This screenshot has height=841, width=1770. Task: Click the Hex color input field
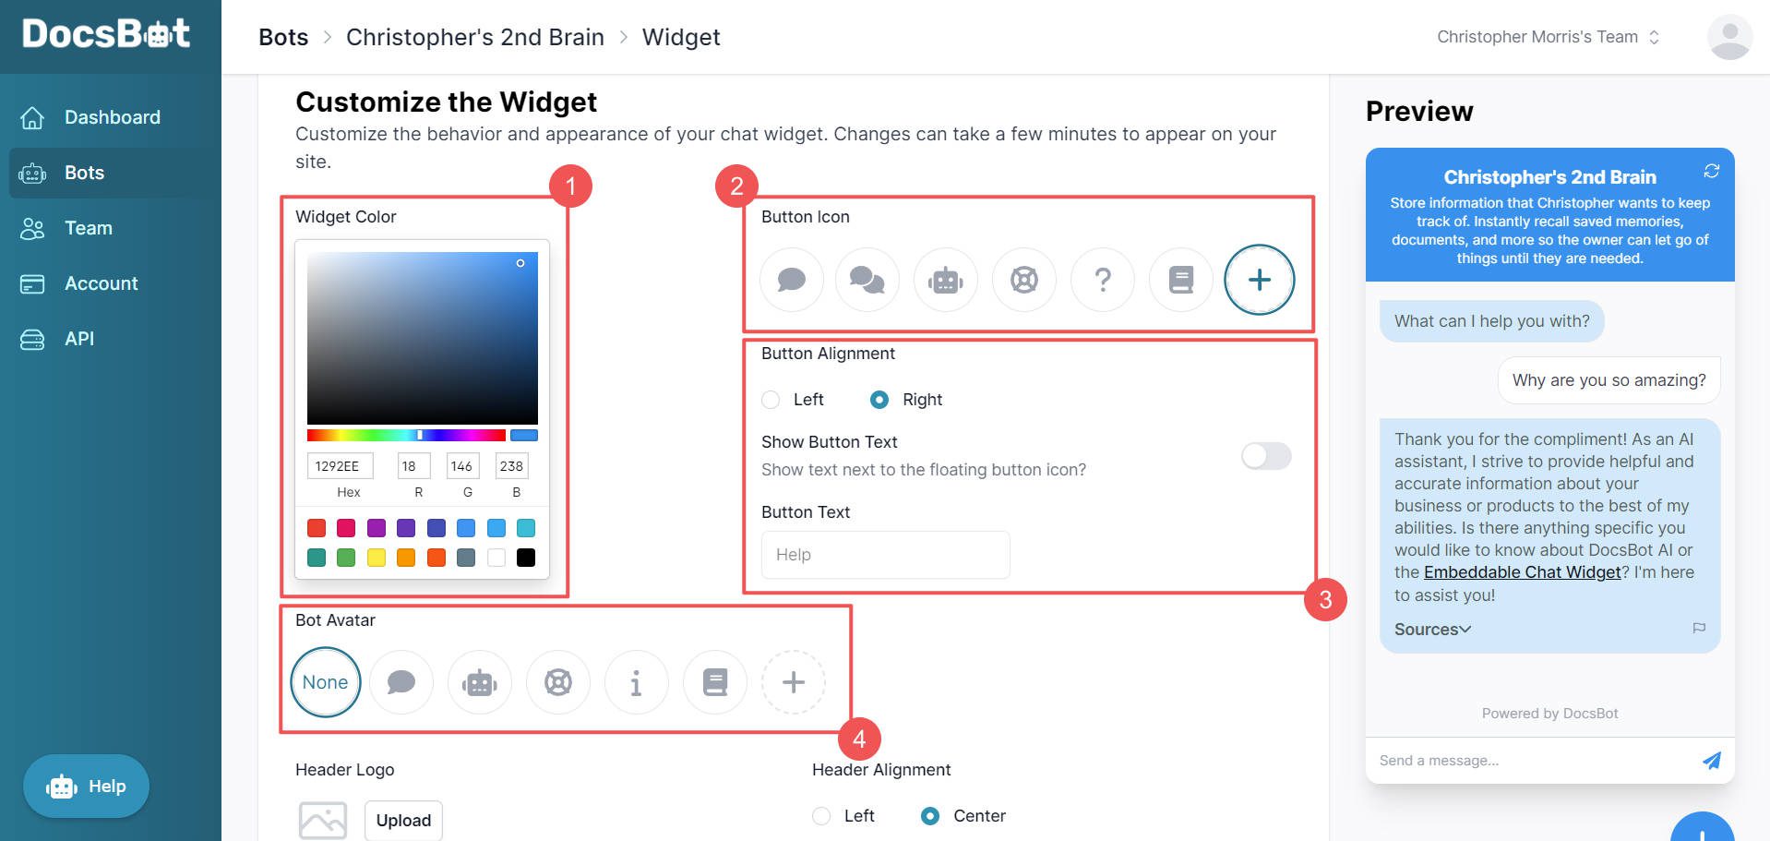(340, 466)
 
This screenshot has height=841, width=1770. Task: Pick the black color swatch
(526, 558)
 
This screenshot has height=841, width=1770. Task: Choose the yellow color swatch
(377, 558)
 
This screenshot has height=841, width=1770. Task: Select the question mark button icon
(1102, 280)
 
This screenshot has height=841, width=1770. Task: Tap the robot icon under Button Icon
(945, 280)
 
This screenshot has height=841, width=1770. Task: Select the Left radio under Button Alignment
(771, 400)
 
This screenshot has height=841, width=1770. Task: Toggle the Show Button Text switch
(1265, 456)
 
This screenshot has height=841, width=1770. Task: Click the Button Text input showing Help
(885, 555)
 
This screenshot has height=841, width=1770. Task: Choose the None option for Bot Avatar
(325, 682)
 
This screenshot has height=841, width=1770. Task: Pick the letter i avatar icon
(636, 682)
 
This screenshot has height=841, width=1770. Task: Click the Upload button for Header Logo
(403, 820)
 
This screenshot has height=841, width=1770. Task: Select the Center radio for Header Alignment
(930, 816)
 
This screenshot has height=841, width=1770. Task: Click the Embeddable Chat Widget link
(1522, 572)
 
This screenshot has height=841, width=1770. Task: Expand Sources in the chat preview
(1432, 630)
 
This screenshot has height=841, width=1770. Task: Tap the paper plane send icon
(1711, 761)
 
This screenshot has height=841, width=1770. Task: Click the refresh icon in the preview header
(1712, 171)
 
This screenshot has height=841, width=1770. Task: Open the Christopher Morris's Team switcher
(1548, 37)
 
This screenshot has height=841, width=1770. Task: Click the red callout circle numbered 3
(1325, 600)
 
